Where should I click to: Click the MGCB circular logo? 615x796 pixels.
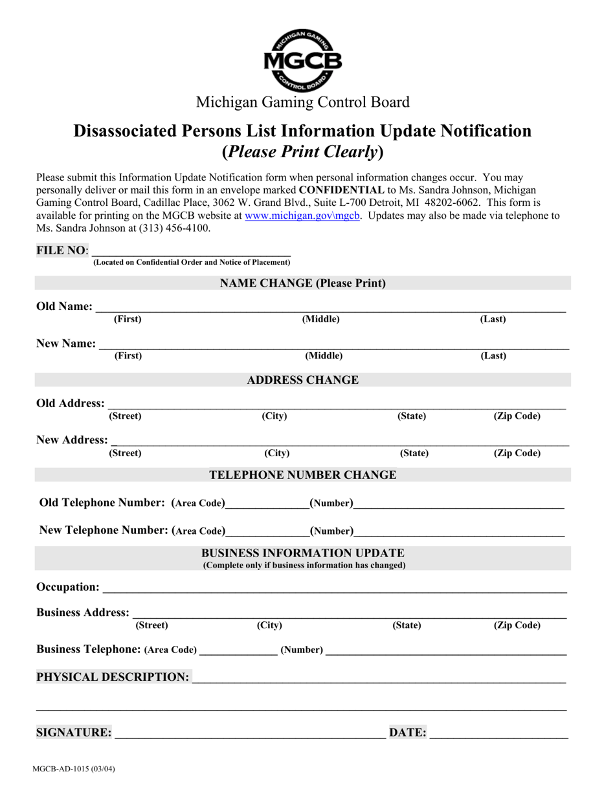(x=302, y=60)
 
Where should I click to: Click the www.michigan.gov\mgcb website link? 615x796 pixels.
(x=302, y=216)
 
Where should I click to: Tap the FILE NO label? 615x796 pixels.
(x=61, y=250)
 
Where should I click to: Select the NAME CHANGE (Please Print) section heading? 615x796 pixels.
(x=303, y=283)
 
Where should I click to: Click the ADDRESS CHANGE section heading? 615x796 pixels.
(x=303, y=380)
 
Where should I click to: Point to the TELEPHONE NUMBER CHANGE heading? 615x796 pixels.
(x=303, y=475)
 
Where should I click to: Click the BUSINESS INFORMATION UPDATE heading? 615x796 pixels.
(x=303, y=553)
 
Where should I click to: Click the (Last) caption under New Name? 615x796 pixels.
(x=493, y=356)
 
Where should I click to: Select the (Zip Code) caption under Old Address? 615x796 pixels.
(x=517, y=416)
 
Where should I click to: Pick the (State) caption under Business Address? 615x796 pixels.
(x=407, y=625)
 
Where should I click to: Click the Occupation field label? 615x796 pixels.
(x=68, y=587)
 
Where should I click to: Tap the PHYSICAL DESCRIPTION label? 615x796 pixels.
(x=113, y=677)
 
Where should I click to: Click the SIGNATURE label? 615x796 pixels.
(x=74, y=733)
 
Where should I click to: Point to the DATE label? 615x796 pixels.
(x=408, y=733)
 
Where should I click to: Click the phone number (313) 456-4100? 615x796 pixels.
(x=174, y=228)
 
